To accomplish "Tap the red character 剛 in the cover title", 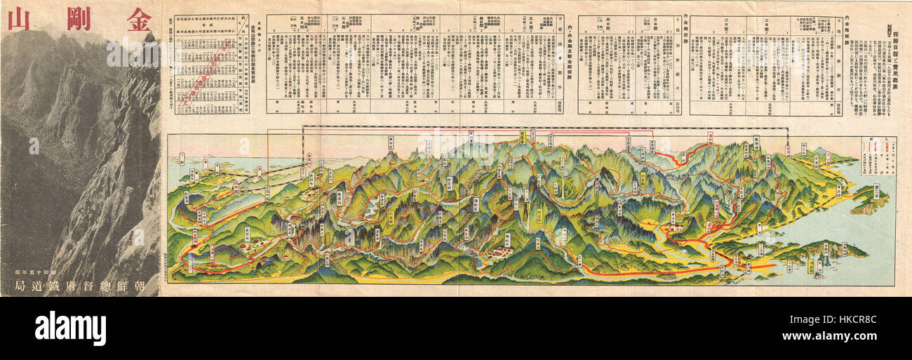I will click(78, 15).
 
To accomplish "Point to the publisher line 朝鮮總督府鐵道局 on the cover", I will click(79, 285).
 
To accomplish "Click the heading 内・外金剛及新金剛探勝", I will click(570, 63).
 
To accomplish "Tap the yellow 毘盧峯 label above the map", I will click(524, 136).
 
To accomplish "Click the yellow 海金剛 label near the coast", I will click(812, 266).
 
